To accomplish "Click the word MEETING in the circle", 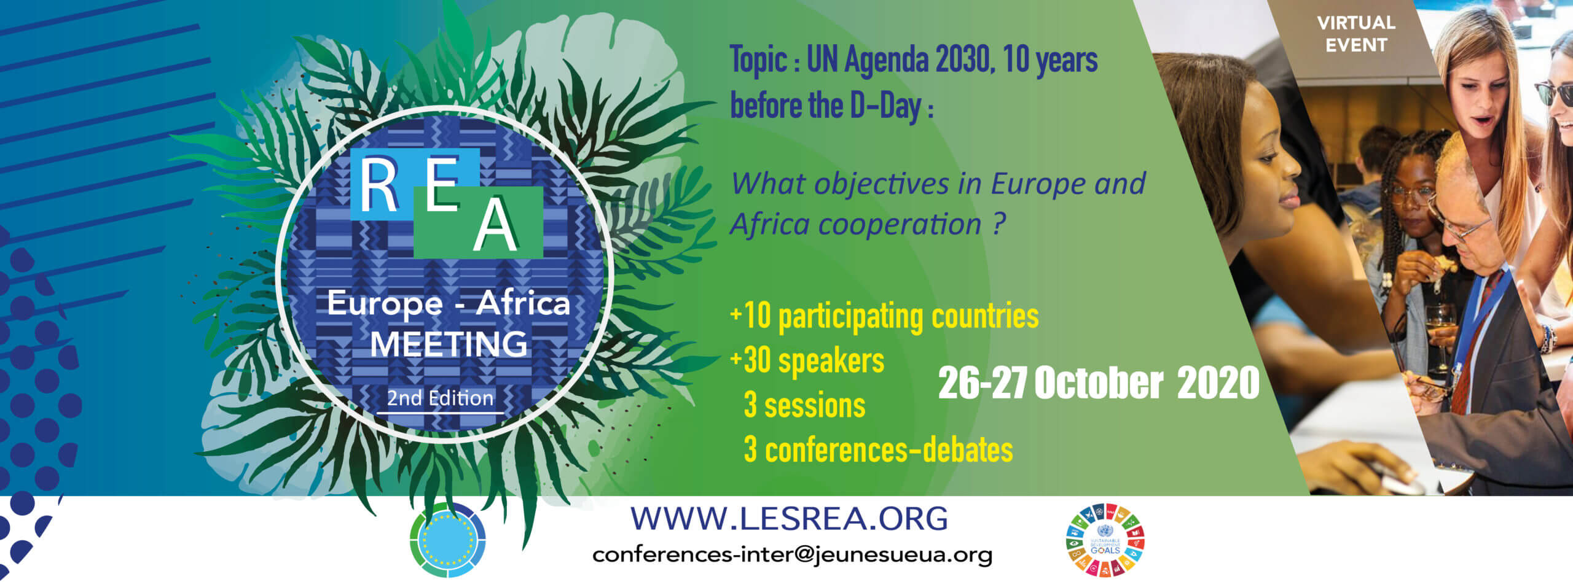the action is (449, 344).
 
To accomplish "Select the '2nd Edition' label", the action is (440, 398).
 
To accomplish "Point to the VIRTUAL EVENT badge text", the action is (1356, 34).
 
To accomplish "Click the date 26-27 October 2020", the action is (1099, 382).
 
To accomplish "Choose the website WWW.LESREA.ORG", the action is (790, 519).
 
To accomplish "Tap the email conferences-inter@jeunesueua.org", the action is (792, 554).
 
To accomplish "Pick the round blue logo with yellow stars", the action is (448, 540).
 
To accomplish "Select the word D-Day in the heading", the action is (885, 106).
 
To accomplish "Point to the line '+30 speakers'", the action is (807, 360).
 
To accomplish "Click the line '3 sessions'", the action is (804, 405).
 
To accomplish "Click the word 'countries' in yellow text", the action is (985, 316).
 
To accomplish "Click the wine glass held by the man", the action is (1440, 338).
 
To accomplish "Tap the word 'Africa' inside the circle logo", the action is (524, 303).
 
